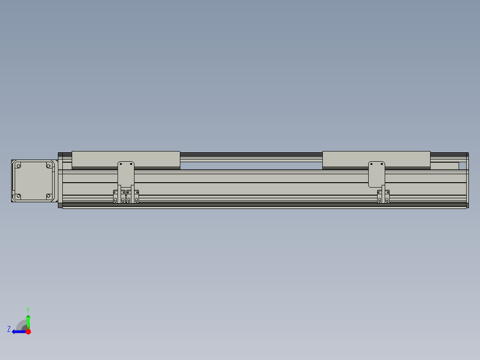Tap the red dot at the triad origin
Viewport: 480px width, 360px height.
coord(28,331)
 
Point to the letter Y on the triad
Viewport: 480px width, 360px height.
coord(28,309)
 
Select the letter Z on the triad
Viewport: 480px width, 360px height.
coord(8,329)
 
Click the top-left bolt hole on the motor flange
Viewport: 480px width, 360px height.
coord(18,166)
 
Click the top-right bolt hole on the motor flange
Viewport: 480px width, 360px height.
coord(49,166)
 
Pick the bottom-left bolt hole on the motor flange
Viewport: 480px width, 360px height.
coord(18,196)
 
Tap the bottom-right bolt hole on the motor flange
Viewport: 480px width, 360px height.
coord(49,196)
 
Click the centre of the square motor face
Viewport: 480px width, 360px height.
coord(33,181)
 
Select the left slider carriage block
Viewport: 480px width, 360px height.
coord(126,159)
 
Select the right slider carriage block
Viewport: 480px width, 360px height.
coord(376,159)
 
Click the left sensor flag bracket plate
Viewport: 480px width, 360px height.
coord(126,173)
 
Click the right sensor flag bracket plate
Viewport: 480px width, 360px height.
coord(376,174)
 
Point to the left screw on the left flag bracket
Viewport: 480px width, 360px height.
coord(121,164)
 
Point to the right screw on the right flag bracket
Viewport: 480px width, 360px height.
coord(382,164)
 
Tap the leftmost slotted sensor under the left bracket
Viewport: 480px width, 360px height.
coord(115,197)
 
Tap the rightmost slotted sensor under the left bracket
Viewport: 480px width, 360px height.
coord(136,197)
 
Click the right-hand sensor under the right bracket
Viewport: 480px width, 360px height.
coord(387,197)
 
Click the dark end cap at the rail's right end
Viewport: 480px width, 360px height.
coord(467,180)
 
